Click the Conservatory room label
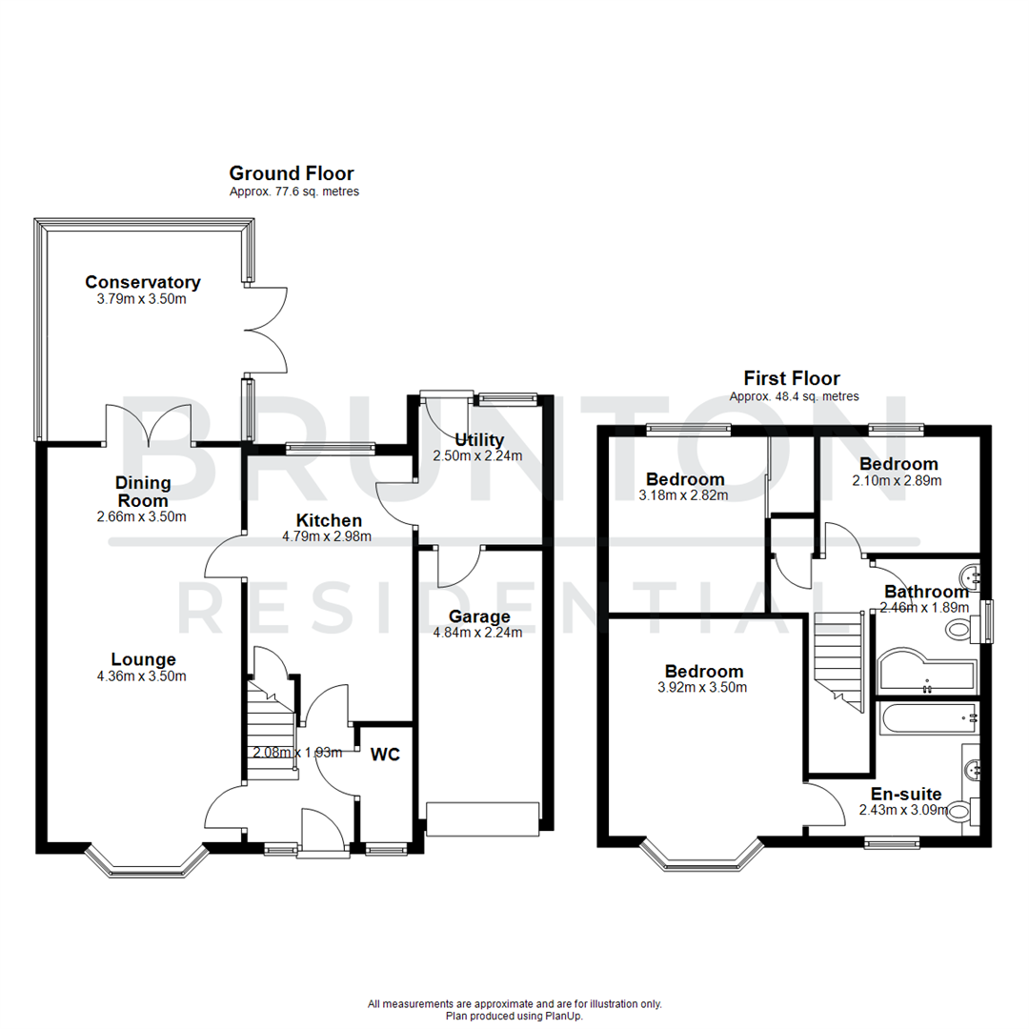click(143, 282)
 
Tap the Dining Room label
click(143, 492)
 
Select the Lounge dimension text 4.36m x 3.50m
click(143, 676)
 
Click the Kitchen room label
click(329, 520)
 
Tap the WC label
click(385, 755)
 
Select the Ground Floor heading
click(292, 173)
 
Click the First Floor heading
click(792, 378)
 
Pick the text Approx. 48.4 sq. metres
click(794, 396)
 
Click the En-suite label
click(906, 794)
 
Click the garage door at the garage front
click(483, 817)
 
